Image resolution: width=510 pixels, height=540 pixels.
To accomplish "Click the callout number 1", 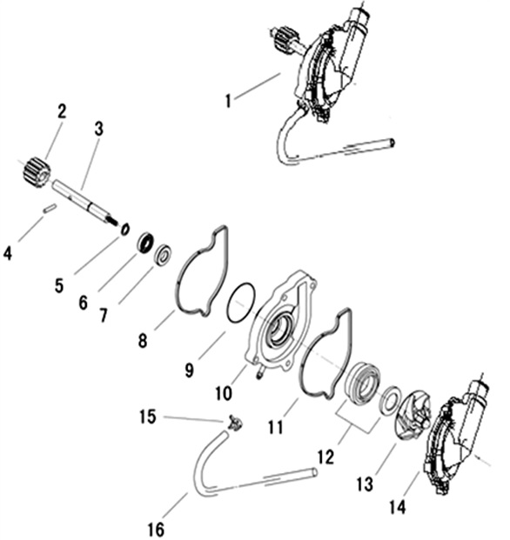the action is point(228,101).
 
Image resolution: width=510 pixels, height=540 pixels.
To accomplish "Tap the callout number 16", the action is point(156,529).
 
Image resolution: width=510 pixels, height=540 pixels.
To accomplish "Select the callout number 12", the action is point(325,457).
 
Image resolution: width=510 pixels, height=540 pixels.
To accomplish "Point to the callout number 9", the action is point(189,370).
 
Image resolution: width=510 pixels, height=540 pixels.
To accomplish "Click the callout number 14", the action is point(398,507).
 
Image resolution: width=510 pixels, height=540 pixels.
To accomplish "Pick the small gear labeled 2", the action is point(37,172).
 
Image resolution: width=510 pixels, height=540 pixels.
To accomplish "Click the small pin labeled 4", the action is point(50,209).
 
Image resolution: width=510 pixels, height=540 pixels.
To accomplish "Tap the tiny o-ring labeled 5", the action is point(124,229).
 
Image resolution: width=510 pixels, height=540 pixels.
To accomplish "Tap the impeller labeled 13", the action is point(413,421).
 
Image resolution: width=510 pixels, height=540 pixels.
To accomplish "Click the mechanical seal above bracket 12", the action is point(363,382).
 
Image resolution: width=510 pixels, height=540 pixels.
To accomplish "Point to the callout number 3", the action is point(99,130).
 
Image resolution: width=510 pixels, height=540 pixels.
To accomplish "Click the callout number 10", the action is point(224,392).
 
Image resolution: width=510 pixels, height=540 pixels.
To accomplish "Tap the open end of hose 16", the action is point(313,471).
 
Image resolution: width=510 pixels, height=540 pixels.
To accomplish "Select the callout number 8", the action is point(143,341).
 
